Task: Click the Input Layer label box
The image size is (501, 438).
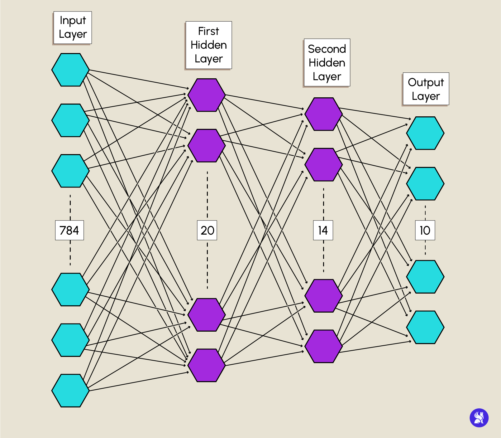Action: [73, 27]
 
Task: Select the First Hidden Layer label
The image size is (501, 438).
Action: [208, 45]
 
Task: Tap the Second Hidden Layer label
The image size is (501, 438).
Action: [327, 62]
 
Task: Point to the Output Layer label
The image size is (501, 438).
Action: [426, 89]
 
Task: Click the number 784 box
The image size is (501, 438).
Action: [69, 230]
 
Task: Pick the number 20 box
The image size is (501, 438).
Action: [207, 230]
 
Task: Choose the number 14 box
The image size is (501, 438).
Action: [323, 230]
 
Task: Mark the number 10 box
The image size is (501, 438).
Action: [425, 230]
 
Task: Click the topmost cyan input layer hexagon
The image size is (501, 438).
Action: [70, 70]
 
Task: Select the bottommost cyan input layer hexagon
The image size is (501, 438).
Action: [70, 391]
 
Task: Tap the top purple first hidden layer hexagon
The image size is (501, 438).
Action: [206, 95]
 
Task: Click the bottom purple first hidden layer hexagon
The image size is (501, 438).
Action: [206, 365]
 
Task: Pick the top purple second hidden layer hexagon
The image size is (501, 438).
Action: [323, 114]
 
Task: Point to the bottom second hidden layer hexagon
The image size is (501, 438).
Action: [323, 346]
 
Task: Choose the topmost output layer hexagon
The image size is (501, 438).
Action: [425, 133]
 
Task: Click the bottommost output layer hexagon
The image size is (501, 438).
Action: [425, 327]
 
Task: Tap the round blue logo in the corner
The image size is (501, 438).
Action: [479, 418]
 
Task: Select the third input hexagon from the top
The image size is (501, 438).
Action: [70, 171]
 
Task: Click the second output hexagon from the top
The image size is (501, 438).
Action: [425, 183]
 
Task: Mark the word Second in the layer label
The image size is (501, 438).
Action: [327, 49]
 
